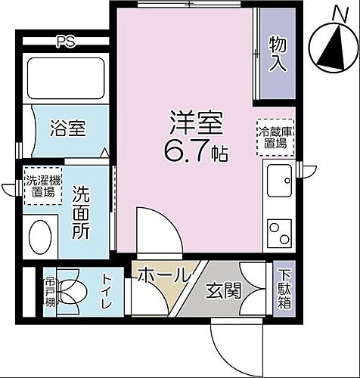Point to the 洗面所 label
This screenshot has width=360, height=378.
[x=81, y=214]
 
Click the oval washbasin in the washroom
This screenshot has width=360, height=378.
[x=39, y=236]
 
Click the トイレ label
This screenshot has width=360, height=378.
[x=107, y=293]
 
